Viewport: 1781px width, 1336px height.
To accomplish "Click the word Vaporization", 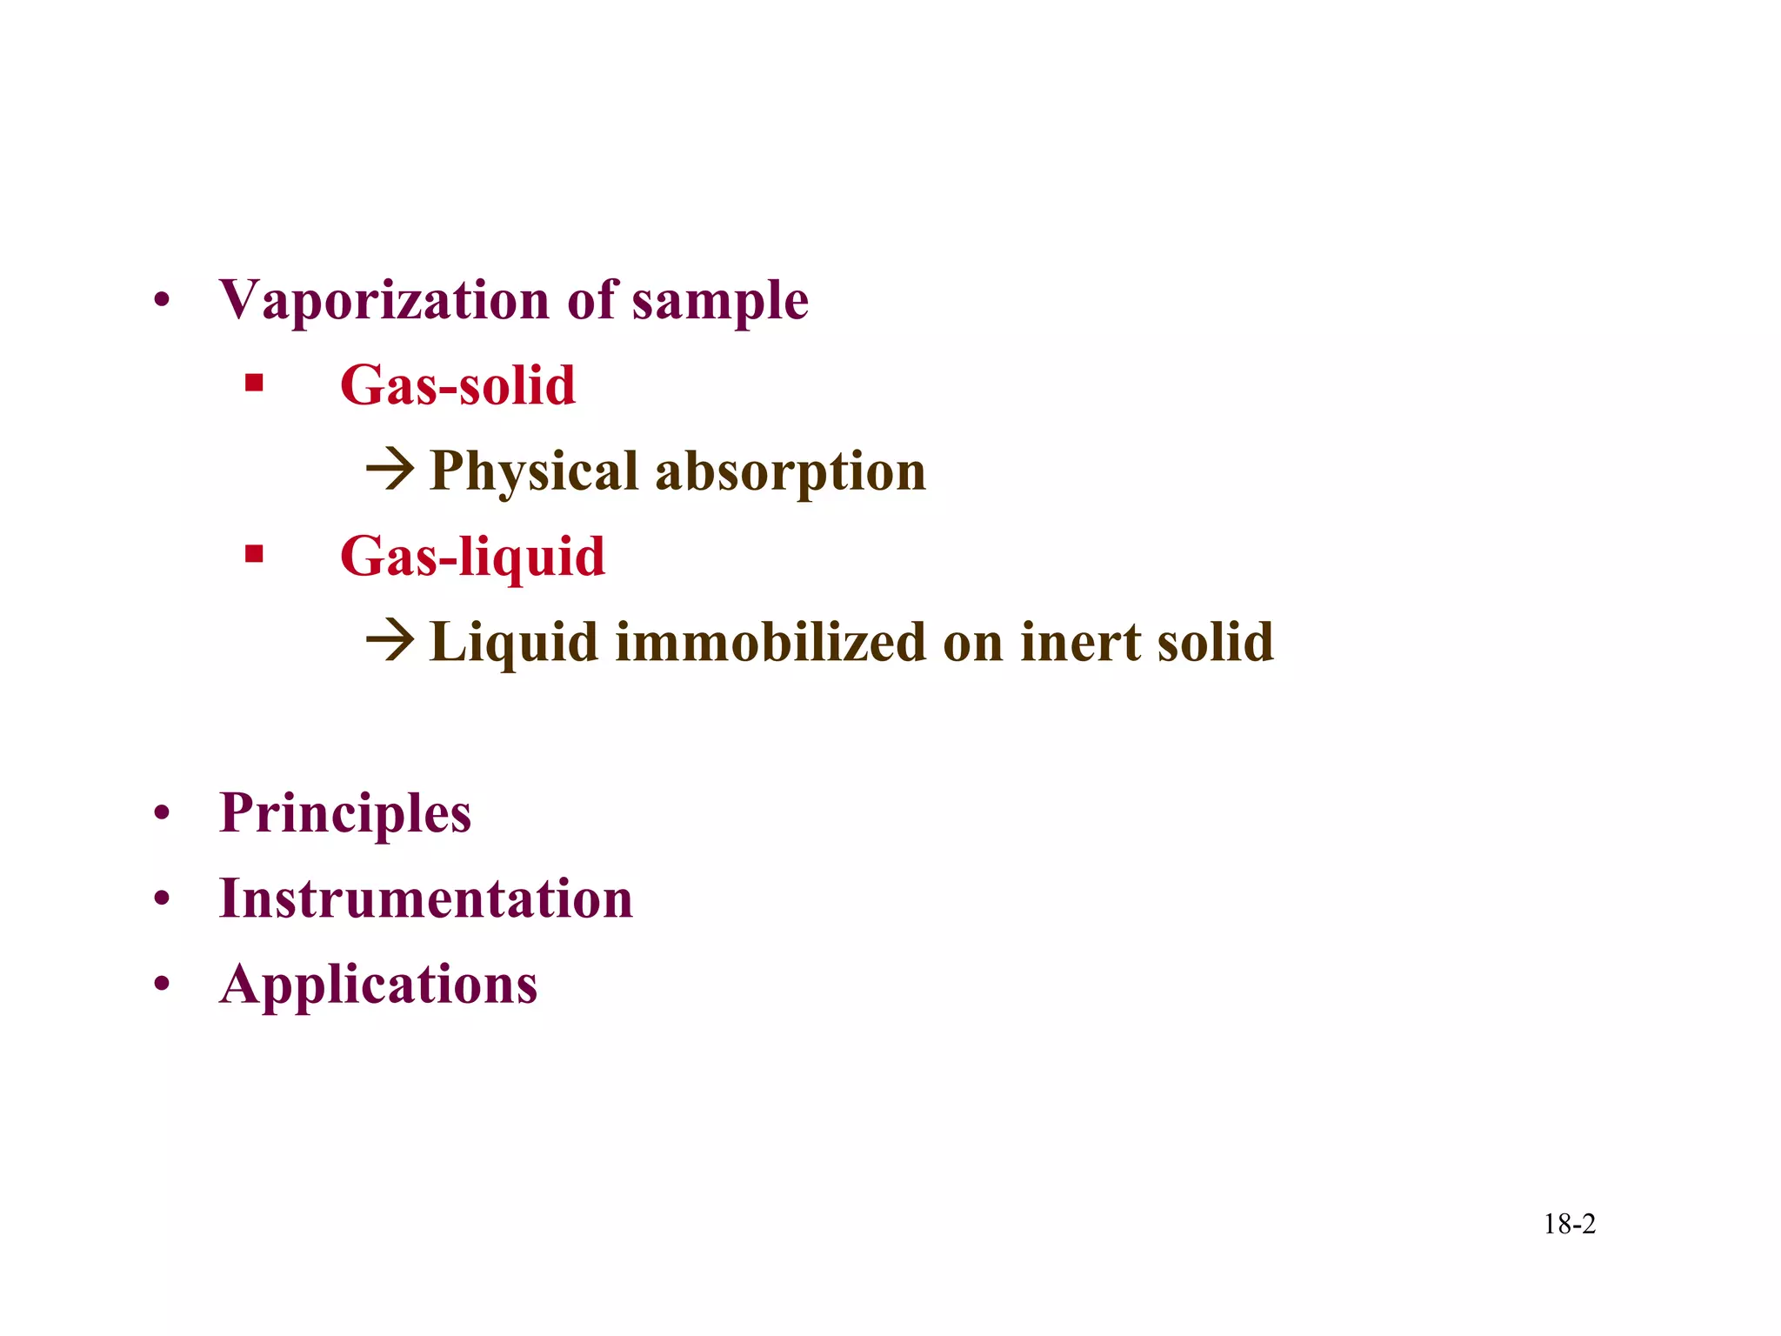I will coord(384,301).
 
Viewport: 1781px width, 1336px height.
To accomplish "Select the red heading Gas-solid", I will coord(457,385).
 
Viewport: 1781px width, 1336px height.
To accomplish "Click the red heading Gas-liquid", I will coord(472,557).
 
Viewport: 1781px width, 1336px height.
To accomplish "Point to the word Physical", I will coord(534,472).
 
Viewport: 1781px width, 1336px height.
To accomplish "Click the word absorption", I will coord(790,472).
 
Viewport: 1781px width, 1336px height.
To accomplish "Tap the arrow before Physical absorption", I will coord(390,470).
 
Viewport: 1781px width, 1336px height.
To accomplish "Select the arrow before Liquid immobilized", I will coord(390,641).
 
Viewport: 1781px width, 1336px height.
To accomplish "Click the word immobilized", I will coord(770,642).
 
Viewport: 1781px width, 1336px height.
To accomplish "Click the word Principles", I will coord(345,814).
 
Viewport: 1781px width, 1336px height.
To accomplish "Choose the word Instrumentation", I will coord(426,898).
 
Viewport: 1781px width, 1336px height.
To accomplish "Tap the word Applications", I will coord(378,985).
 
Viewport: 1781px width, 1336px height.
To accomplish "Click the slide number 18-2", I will coord(1569,1225).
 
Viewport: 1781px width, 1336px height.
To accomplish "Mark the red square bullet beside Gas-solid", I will coord(254,384).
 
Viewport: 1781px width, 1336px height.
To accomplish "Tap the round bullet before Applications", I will coord(161,985).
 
